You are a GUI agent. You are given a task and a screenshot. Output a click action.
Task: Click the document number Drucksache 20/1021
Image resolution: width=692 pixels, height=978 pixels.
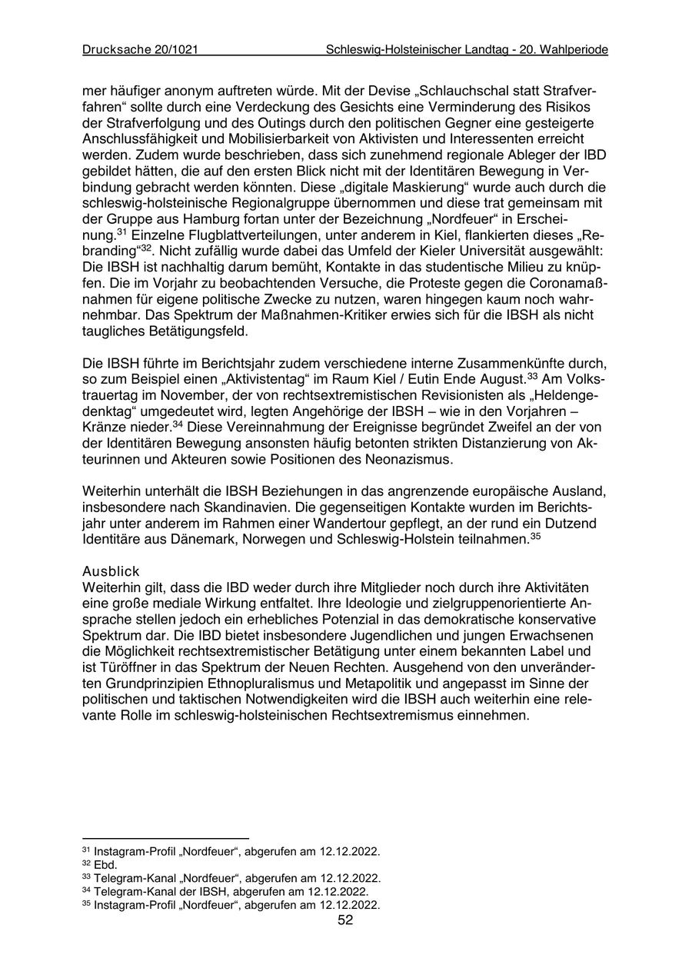point(141,49)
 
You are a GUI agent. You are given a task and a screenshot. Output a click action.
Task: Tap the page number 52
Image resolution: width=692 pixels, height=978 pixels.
point(345,920)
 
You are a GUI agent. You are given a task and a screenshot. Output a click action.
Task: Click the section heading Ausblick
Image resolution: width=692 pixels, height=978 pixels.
point(111,571)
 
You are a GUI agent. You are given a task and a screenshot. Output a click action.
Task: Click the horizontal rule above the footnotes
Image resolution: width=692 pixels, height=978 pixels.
point(165,838)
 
